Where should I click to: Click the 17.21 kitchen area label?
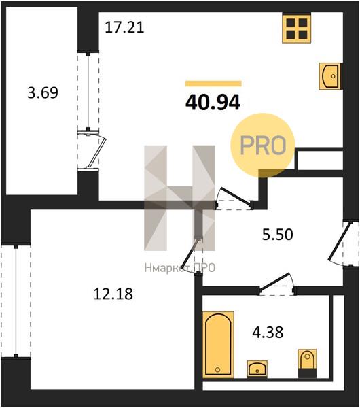point(124,27)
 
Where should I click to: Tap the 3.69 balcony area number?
point(43,92)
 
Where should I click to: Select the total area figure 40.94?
point(213,103)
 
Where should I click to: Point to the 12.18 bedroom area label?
point(113,294)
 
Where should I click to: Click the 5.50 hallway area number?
point(278,234)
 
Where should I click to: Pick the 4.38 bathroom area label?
point(268,333)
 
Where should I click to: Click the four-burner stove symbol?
point(297,29)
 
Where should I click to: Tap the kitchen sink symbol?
point(330,76)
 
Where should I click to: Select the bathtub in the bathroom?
point(218,345)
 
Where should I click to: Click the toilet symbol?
point(307,364)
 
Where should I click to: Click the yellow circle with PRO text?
point(262,146)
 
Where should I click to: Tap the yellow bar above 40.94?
point(213,84)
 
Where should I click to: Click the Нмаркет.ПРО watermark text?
point(179,268)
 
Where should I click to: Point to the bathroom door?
point(277,284)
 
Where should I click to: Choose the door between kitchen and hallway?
point(234,199)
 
